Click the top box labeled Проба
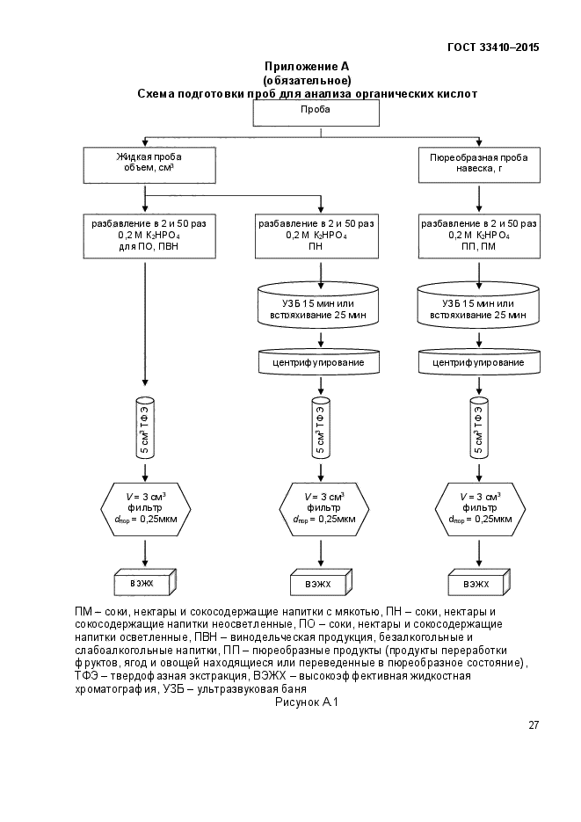pos(316,113)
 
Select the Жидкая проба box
pos(149,165)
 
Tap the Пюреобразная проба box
pos(479,165)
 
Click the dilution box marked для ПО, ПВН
pos(149,236)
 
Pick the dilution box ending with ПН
pos(316,236)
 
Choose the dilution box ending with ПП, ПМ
pos(479,236)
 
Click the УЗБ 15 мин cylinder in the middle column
pos(318,305)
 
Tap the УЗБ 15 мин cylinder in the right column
pos(478,305)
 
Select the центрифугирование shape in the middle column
pos(318,361)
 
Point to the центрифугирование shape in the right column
pos(479,361)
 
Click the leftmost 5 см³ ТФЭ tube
pos(145,428)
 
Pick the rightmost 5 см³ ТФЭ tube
pos(478,428)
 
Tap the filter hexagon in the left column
pos(145,509)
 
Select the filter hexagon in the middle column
pos(323,509)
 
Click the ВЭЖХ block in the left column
pos(145,582)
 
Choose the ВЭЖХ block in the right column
pos(479,582)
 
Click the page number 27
pos(534,725)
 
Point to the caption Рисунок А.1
pos(307,702)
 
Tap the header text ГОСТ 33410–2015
pos(493,47)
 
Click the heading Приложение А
pos(307,67)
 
